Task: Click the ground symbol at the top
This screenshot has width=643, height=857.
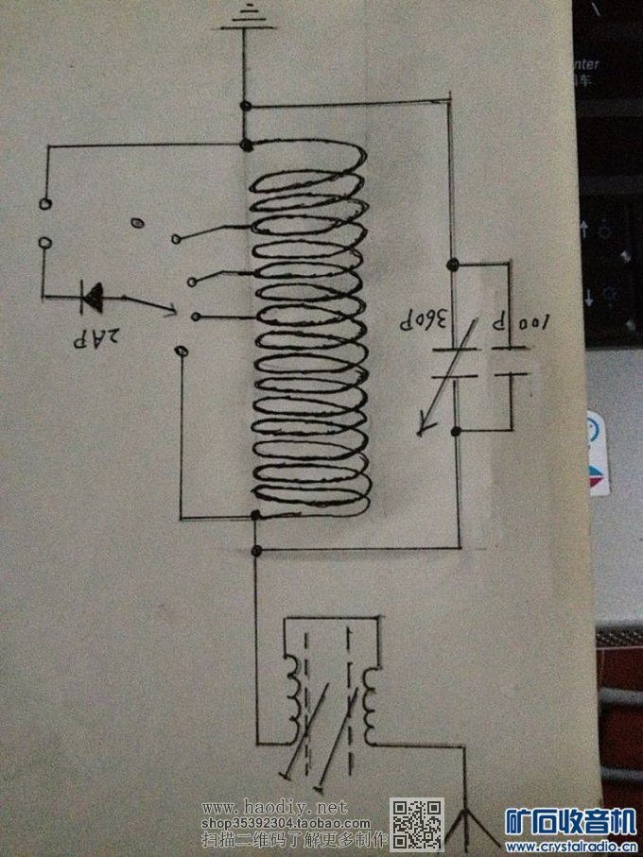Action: coord(245,16)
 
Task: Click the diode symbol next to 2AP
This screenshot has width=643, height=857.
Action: coord(94,298)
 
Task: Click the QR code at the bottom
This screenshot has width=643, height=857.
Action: coord(417,823)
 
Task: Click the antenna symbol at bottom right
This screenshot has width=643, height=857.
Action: coord(470,824)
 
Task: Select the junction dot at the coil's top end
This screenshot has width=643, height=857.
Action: coord(247,145)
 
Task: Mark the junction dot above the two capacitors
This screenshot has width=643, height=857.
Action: coord(454,264)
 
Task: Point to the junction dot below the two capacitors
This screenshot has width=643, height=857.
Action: coord(455,433)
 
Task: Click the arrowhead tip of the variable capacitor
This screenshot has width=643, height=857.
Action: coord(422,436)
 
